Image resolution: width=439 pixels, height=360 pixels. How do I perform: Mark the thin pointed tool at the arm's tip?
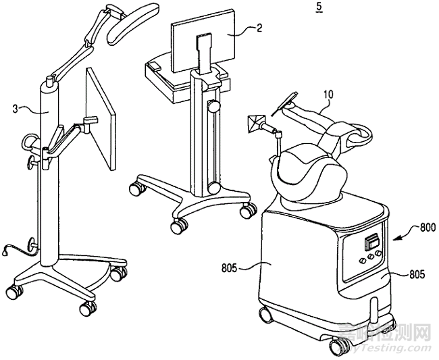coord(283,101)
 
